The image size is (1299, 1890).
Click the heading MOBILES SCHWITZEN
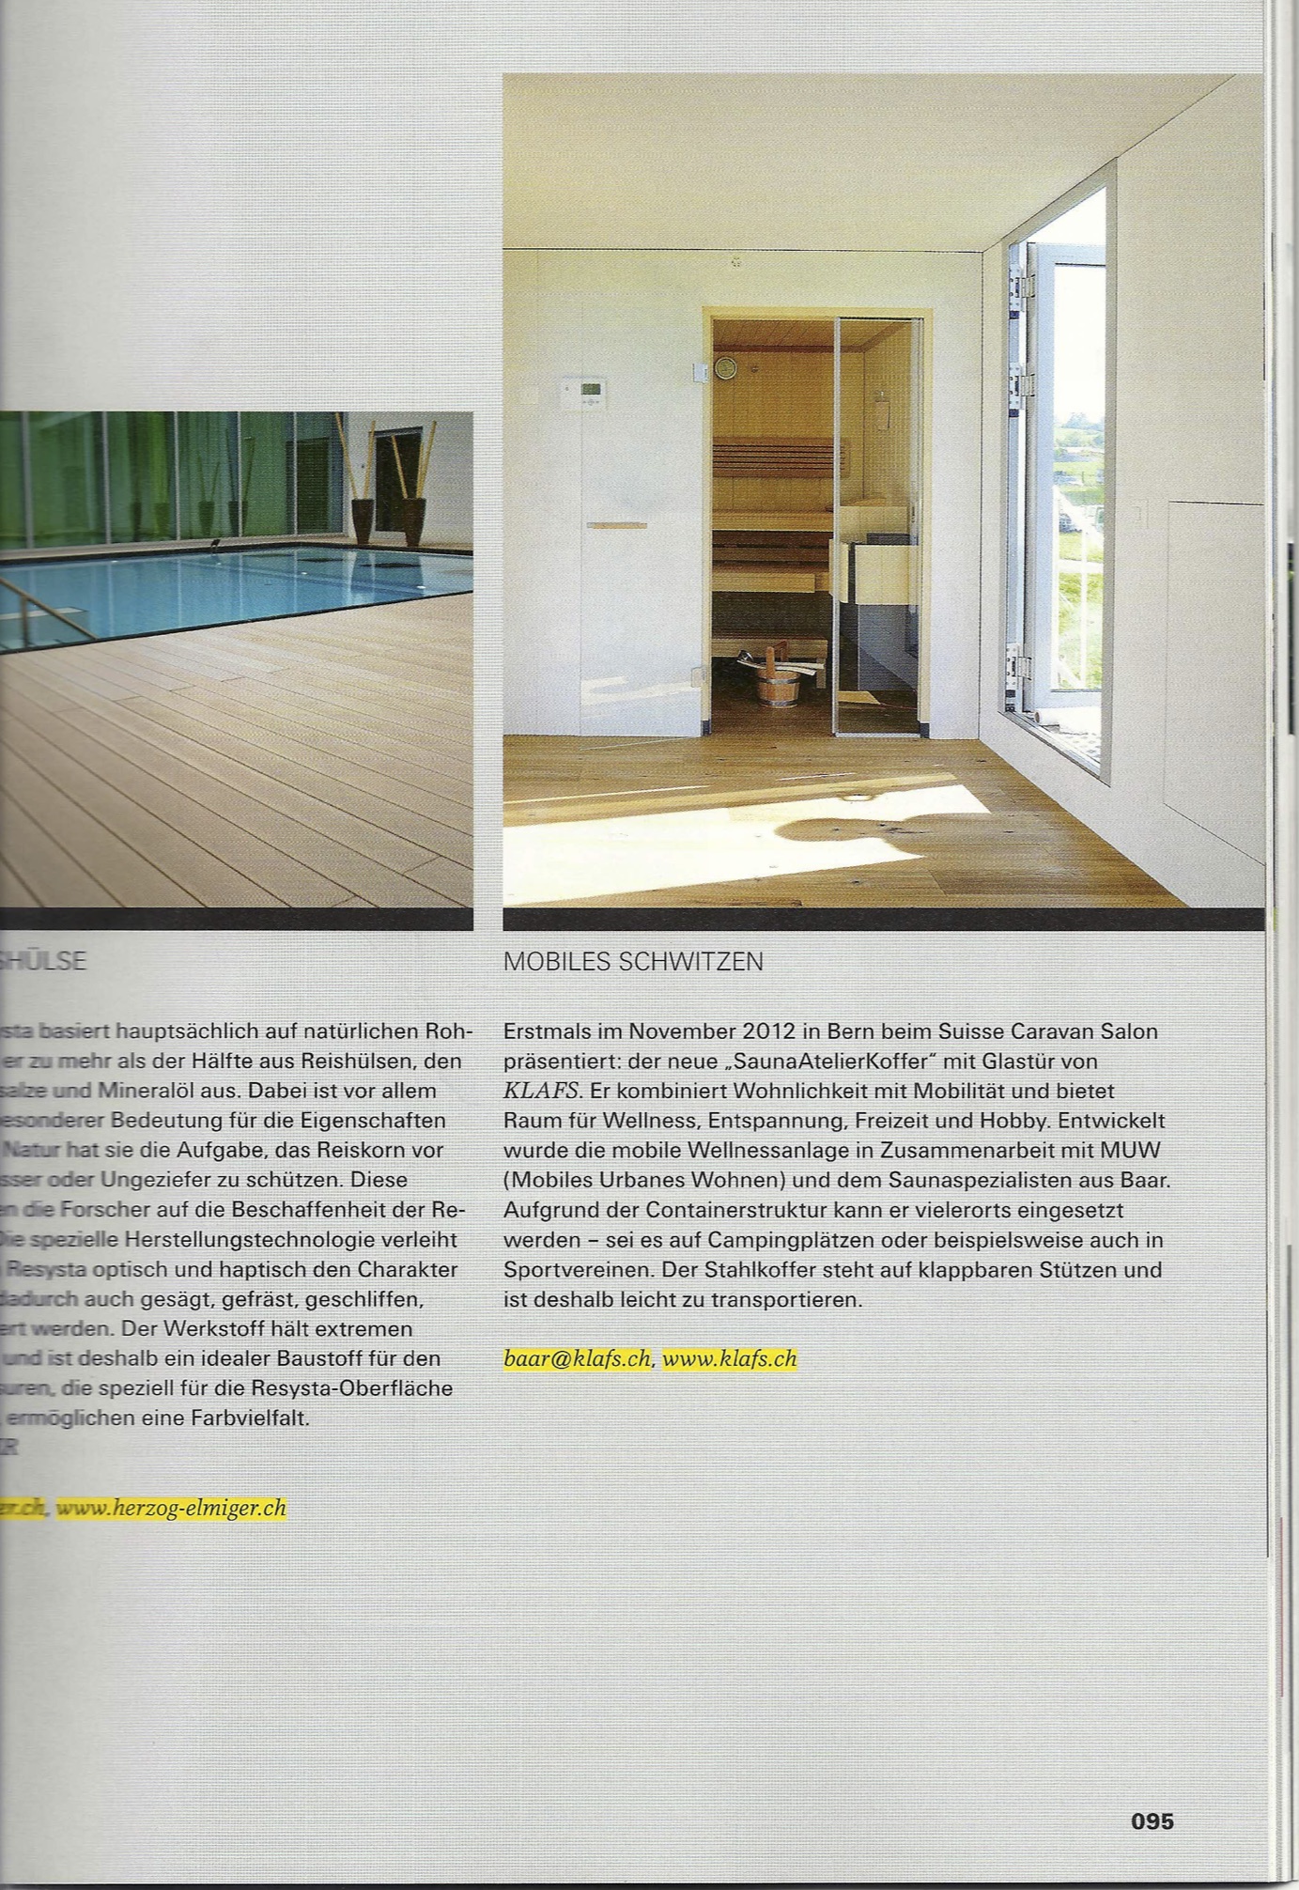click(x=633, y=962)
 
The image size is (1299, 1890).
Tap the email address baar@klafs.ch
click(x=577, y=1358)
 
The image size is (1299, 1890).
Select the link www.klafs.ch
click(x=730, y=1358)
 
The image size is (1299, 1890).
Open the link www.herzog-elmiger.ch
click(x=171, y=1508)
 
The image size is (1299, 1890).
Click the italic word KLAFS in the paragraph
click(x=537, y=1091)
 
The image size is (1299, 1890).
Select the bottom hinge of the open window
click(x=1016, y=658)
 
